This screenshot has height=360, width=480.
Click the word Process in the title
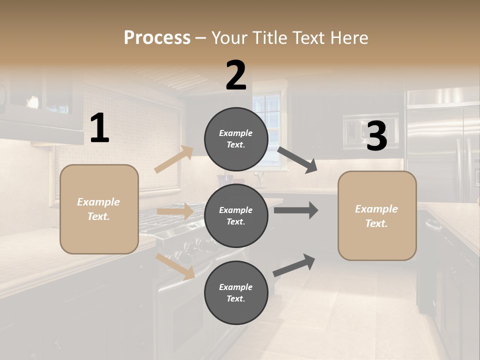pyautogui.click(x=157, y=38)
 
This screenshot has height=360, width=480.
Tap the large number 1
pyautogui.click(x=99, y=128)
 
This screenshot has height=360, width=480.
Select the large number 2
pyautogui.click(x=236, y=75)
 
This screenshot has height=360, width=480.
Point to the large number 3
pyautogui.click(x=376, y=136)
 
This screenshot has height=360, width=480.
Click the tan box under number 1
pyautogui.click(x=99, y=209)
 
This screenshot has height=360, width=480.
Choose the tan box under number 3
pyautogui.click(x=377, y=215)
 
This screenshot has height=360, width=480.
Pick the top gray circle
pyautogui.click(x=236, y=138)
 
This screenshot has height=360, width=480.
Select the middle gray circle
pyautogui.click(x=236, y=215)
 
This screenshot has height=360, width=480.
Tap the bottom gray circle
pyautogui.click(x=236, y=292)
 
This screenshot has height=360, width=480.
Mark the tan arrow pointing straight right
pyautogui.click(x=175, y=211)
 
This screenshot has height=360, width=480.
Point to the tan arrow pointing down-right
pyautogui.click(x=175, y=266)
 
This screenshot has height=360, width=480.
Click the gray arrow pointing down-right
pyautogui.click(x=297, y=159)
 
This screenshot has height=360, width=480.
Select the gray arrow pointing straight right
pyautogui.click(x=295, y=210)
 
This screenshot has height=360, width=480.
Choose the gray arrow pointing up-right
pyautogui.click(x=294, y=265)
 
